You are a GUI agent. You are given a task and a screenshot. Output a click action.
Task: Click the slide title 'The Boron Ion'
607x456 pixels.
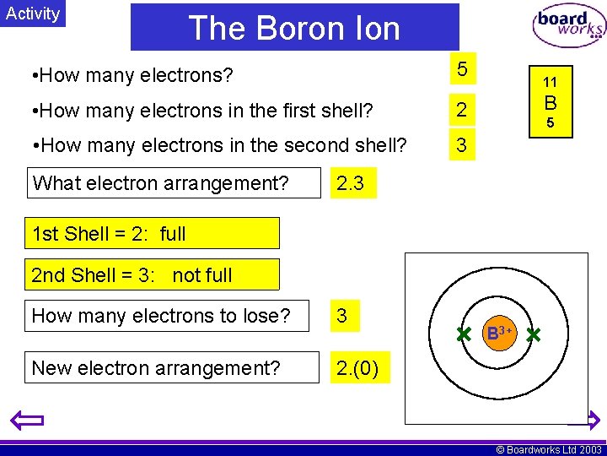(x=294, y=28)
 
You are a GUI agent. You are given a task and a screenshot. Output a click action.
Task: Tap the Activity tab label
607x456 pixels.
(x=33, y=14)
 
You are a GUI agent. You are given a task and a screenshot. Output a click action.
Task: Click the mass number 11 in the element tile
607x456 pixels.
(x=550, y=82)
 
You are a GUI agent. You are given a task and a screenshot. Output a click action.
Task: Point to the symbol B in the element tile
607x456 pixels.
(x=550, y=104)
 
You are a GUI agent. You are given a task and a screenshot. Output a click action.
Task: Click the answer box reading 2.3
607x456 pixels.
(x=351, y=183)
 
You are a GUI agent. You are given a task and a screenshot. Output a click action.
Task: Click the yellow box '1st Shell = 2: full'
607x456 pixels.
(x=152, y=233)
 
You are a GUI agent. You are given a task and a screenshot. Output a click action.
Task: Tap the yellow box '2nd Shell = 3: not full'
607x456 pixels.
(x=152, y=274)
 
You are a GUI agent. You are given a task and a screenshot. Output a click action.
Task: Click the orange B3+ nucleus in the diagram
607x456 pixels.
(x=497, y=334)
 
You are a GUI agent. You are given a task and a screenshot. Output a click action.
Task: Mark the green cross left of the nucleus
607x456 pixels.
(x=463, y=335)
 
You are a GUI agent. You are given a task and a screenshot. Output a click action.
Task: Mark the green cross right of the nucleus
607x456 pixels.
(x=533, y=335)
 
